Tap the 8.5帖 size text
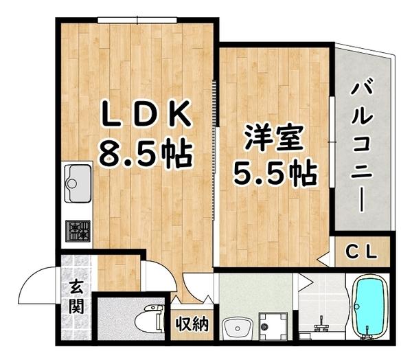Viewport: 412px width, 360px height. point(144,153)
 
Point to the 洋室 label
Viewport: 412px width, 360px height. point(273,139)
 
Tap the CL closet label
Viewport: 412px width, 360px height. point(362,251)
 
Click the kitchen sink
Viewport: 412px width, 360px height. point(77,182)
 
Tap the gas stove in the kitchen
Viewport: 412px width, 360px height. point(77,230)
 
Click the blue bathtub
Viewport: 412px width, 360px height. point(371,308)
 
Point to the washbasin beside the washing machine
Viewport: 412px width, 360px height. point(238,326)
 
